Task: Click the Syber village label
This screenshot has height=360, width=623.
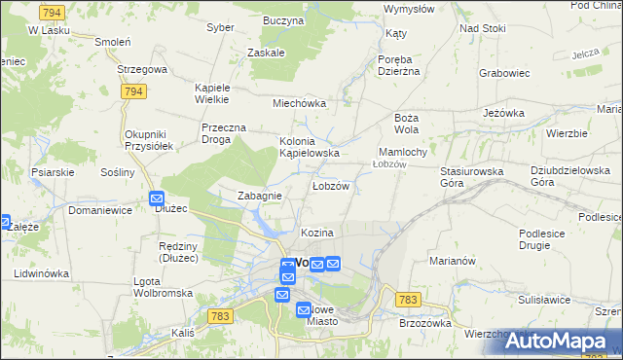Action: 221,27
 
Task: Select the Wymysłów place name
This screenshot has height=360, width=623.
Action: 409,9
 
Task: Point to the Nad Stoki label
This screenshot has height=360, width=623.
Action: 483,28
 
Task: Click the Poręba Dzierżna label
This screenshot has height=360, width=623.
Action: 398,65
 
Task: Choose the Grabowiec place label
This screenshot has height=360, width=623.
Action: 504,72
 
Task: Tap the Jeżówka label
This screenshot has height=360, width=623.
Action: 504,113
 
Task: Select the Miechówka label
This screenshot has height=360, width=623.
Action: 299,103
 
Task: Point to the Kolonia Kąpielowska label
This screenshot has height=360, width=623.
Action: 310,147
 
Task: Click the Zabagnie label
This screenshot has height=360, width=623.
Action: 260,196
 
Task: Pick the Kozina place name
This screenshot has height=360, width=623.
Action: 317,234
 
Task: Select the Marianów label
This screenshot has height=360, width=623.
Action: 452,261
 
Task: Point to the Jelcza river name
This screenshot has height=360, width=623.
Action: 585,54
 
